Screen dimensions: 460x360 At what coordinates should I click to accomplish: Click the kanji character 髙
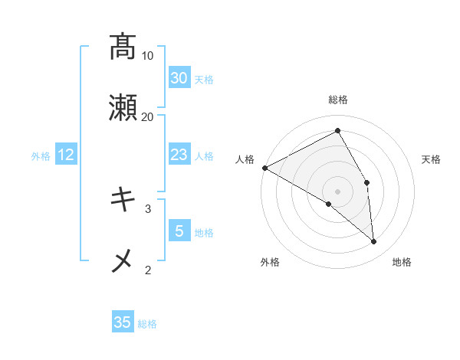(x=123, y=47)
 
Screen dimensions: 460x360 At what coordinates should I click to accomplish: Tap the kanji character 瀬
(x=123, y=108)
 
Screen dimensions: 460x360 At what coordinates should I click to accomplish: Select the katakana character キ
(x=123, y=200)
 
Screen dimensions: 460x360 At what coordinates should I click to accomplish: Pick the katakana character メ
(x=123, y=261)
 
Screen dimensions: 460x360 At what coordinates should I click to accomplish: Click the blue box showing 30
(x=179, y=78)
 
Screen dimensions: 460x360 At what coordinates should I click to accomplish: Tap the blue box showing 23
(x=179, y=155)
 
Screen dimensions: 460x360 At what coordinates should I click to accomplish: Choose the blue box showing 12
(x=66, y=155)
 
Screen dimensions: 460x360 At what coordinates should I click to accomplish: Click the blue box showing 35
(x=123, y=322)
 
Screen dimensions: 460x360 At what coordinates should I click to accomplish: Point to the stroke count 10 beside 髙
(x=148, y=56)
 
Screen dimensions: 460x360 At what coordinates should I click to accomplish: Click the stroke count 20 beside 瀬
(x=148, y=117)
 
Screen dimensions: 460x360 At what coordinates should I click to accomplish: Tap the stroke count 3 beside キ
(x=148, y=208)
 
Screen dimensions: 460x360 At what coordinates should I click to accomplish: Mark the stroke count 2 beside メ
(x=148, y=270)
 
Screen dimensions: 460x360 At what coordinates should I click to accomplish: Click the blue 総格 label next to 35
(x=147, y=324)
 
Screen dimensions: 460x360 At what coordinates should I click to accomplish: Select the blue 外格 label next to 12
(x=41, y=156)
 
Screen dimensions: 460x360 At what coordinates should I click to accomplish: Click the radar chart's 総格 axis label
(x=338, y=100)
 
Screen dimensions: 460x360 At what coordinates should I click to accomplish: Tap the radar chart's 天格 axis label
(x=432, y=159)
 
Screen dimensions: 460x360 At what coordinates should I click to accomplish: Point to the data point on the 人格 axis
(x=264, y=168)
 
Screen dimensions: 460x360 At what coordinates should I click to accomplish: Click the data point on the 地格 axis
(x=374, y=242)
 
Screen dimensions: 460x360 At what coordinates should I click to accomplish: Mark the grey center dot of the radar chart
(x=338, y=191)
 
